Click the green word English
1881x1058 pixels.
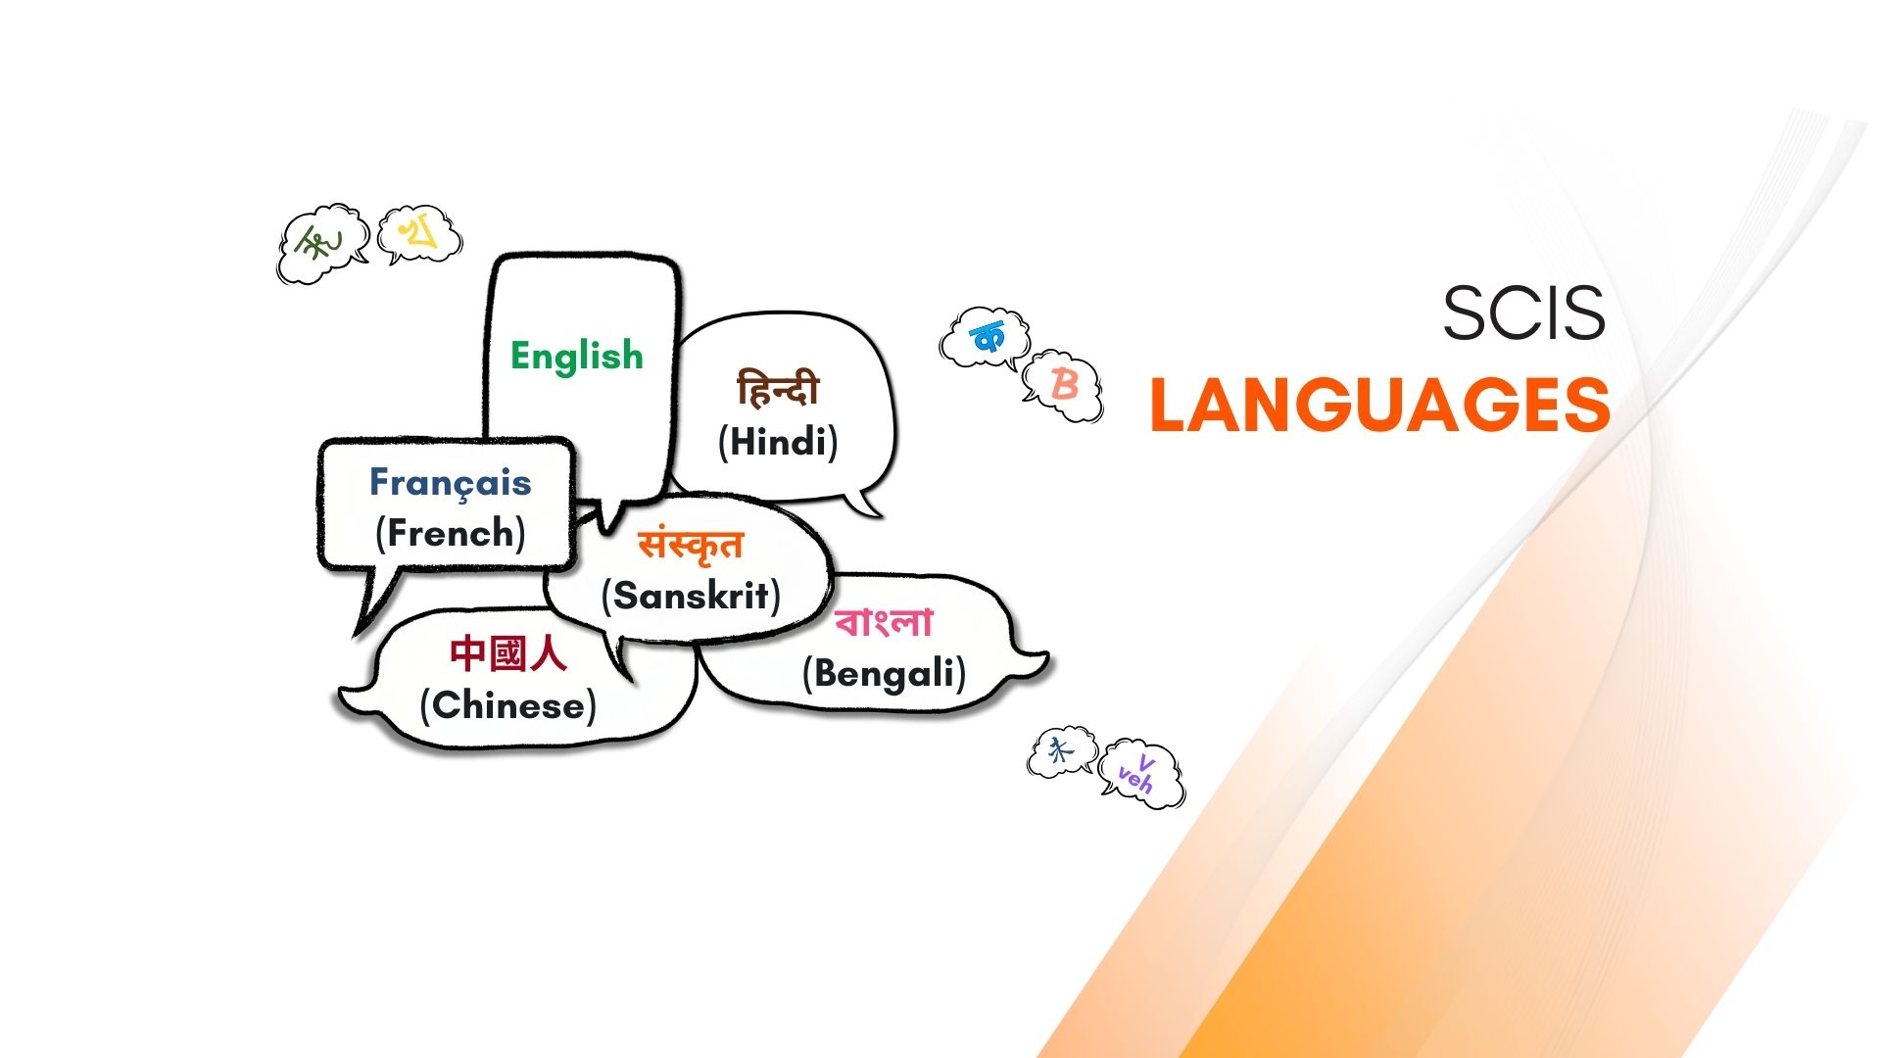[x=577, y=357]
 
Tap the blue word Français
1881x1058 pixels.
[x=451, y=483]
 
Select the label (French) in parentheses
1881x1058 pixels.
[x=451, y=533]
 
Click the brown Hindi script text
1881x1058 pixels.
[x=778, y=389]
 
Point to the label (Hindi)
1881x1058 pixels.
[x=778, y=442]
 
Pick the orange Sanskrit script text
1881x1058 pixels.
[x=691, y=546]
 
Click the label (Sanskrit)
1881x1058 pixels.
[x=691, y=596]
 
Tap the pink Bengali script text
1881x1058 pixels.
[x=884, y=622]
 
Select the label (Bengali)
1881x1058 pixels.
[x=884, y=674]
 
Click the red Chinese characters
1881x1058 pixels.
[x=508, y=653]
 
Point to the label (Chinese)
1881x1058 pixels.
[x=508, y=705]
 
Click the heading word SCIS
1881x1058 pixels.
[x=1523, y=313]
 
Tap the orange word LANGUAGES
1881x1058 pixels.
[x=1380, y=405]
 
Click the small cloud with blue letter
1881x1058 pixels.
[x=986, y=339]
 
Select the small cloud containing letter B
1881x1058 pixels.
[x=1063, y=385]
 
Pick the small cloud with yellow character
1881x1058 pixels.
[x=419, y=234]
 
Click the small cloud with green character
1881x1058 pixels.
[x=321, y=244]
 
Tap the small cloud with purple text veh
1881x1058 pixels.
[x=1141, y=774]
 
